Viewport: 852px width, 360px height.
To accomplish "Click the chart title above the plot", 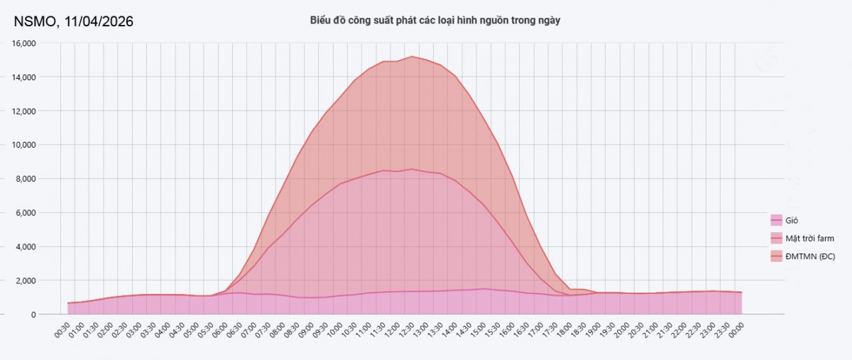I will (435, 21).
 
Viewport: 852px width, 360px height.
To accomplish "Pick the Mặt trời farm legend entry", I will (808, 238).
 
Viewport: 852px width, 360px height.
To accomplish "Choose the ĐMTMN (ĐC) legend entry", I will (809, 256).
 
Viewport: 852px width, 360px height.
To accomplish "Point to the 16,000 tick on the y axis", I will (24, 43).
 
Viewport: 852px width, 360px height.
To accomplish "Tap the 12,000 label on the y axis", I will (24, 111).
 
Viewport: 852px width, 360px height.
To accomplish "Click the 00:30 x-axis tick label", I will (62, 330).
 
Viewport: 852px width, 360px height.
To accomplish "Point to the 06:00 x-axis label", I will (220, 330).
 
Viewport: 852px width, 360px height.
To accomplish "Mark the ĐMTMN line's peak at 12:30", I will (412, 56).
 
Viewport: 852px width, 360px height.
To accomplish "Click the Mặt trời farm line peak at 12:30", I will (412, 169).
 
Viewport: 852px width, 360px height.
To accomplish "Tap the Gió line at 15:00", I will (484, 289).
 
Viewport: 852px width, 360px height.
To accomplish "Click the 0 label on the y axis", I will (33, 315).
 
